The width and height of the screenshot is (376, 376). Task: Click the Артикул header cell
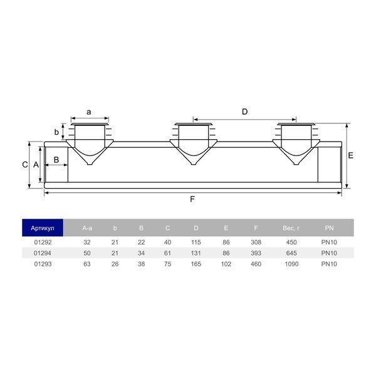click(x=43, y=228)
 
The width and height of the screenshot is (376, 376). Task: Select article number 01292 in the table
click(x=43, y=242)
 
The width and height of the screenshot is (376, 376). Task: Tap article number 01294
click(x=43, y=253)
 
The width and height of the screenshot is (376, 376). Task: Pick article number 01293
click(x=43, y=264)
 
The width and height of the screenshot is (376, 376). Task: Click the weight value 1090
click(x=291, y=264)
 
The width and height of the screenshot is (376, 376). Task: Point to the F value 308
click(x=256, y=242)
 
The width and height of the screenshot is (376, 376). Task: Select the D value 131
click(x=196, y=253)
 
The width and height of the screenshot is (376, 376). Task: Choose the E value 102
click(x=226, y=264)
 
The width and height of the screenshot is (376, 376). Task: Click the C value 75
click(x=167, y=264)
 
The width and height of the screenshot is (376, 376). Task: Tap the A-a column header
click(x=87, y=228)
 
